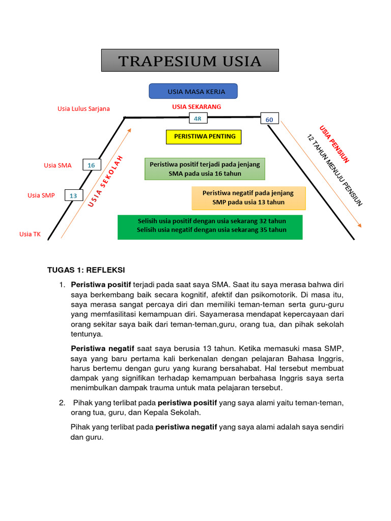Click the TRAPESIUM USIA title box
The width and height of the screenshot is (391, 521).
click(190, 61)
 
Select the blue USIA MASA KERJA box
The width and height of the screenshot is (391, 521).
click(193, 92)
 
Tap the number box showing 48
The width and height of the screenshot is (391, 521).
click(198, 119)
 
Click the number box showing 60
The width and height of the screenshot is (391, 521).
click(269, 120)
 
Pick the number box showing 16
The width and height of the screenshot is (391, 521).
click(92, 165)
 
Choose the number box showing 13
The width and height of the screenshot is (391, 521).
click(73, 195)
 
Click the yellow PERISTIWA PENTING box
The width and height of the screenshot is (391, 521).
click(204, 137)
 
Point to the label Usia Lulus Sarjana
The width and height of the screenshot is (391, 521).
click(83, 108)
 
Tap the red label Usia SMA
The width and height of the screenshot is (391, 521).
click(58, 165)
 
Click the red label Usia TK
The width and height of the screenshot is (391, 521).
click(30, 234)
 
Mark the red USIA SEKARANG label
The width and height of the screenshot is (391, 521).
click(197, 107)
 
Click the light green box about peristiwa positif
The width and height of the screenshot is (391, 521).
click(205, 169)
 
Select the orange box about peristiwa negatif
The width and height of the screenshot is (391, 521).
click(248, 198)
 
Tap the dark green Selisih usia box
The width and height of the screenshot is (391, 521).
click(210, 226)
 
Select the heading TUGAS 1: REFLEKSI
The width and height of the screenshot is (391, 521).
click(86, 270)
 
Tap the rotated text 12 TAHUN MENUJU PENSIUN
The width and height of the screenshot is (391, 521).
click(334, 170)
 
